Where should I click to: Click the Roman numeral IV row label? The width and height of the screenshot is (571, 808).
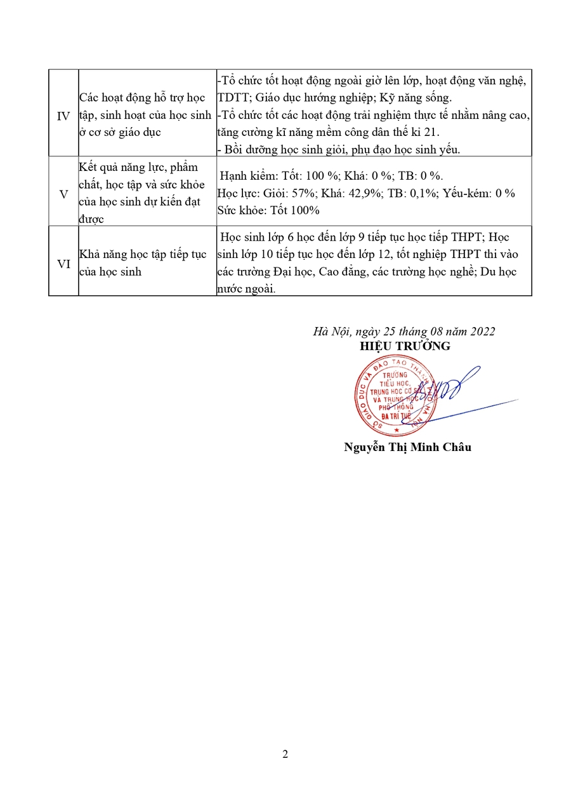[x=63, y=117]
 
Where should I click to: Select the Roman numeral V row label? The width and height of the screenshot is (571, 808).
[x=63, y=194]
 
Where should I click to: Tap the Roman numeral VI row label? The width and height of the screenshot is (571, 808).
[x=63, y=264]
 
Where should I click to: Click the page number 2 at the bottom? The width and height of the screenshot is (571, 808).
[x=285, y=755]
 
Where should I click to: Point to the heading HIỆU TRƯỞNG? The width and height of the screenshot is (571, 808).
[x=405, y=346]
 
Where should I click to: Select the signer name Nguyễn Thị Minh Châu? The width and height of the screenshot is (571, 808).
[x=407, y=447]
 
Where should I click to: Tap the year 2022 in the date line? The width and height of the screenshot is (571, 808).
[x=482, y=331]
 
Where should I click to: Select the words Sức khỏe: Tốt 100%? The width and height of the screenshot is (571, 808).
[x=268, y=210]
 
